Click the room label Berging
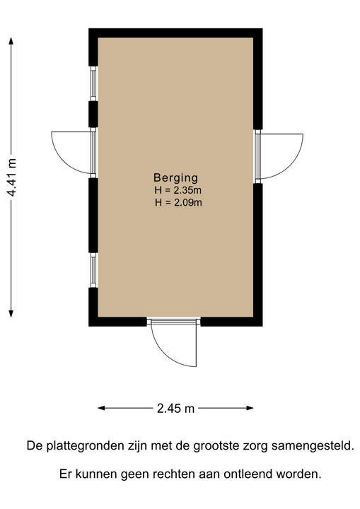175,178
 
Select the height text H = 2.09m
178,203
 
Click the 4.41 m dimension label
11,177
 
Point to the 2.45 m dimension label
175,409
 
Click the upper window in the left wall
93,83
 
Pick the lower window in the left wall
93,270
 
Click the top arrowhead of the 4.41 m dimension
11,41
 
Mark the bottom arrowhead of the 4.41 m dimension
11,314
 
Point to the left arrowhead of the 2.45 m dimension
101,408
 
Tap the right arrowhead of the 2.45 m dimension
250,408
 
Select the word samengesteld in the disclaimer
313,446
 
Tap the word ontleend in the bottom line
248,474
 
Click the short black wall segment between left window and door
93,114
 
